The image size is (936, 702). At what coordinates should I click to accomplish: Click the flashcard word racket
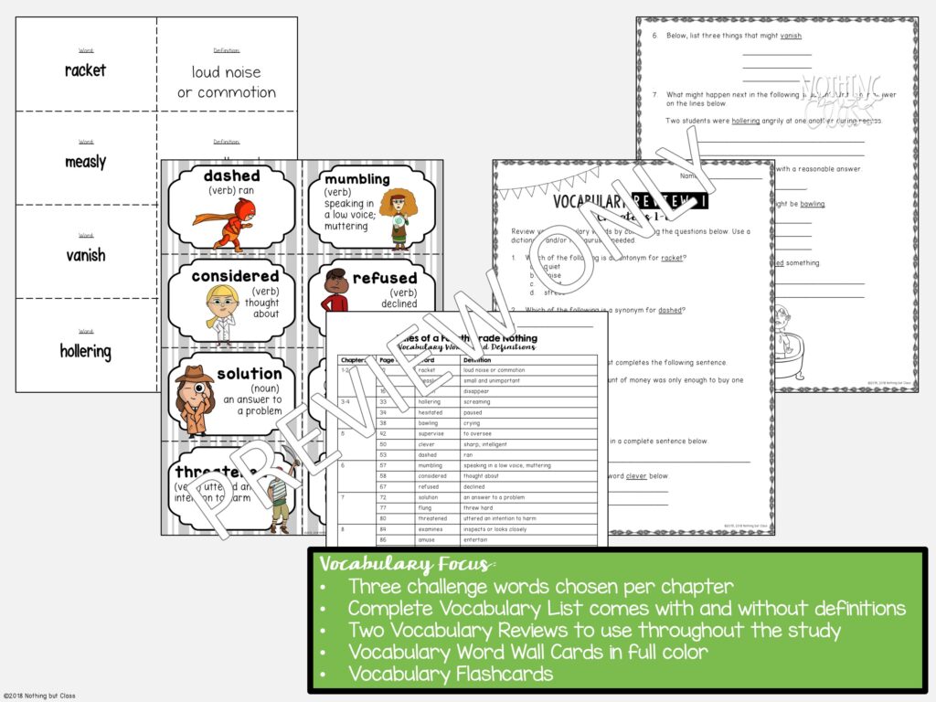click(x=85, y=70)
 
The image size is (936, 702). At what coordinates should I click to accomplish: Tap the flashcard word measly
click(x=85, y=162)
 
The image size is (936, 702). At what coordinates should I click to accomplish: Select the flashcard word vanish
click(x=85, y=256)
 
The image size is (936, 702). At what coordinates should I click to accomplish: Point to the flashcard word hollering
click(x=85, y=351)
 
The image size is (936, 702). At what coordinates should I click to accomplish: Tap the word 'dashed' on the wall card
click(x=231, y=175)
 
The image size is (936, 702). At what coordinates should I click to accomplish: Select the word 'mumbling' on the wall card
click(x=356, y=179)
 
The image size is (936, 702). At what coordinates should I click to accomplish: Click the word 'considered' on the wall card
click(x=235, y=275)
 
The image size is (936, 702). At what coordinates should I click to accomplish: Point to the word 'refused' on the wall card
click(x=384, y=278)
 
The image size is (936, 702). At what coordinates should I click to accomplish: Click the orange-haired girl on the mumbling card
click(x=398, y=218)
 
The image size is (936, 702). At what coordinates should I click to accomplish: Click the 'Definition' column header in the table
click(x=478, y=359)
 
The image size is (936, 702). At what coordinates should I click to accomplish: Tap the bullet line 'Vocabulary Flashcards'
click(x=450, y=675)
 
